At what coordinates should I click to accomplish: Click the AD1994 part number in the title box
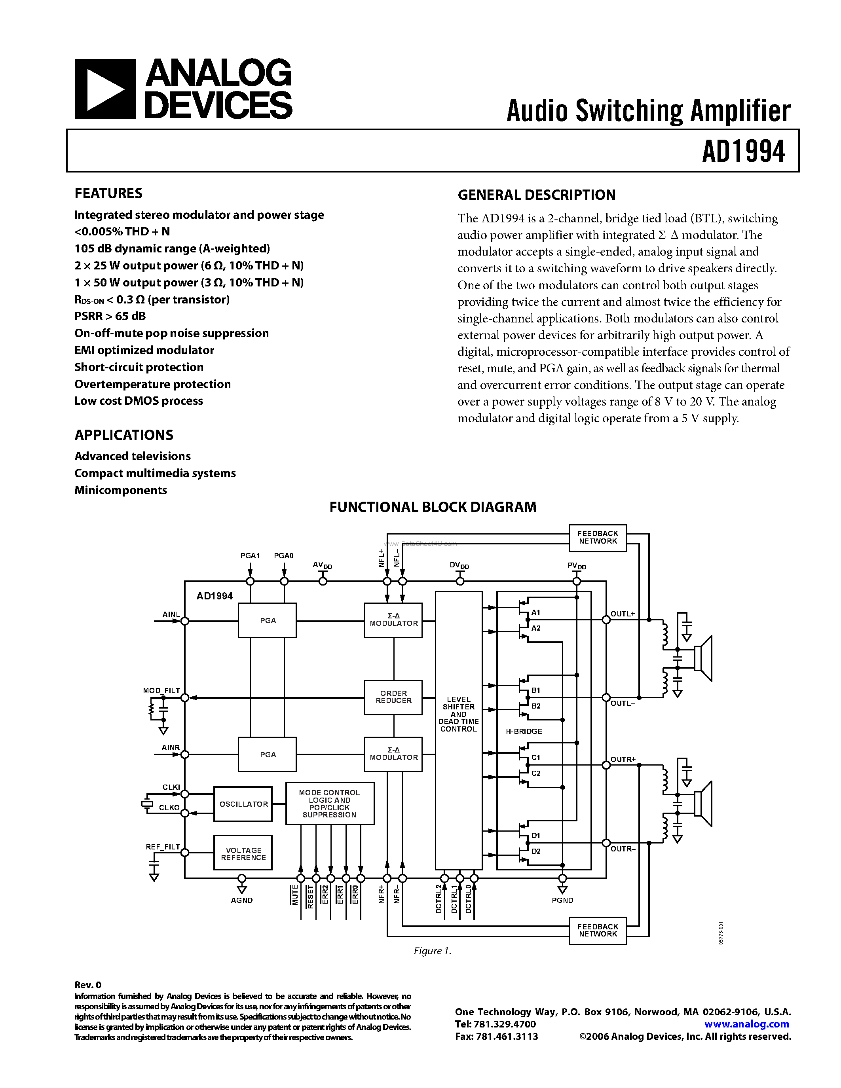[743, 152]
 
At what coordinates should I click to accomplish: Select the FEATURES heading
[108, 193]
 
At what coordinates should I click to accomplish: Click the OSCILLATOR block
[243, 804]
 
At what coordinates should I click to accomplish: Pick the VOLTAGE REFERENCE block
[243, 854]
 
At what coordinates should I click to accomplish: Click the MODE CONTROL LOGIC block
[329, 804]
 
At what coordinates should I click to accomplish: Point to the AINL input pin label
[171, 614]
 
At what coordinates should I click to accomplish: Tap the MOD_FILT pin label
[161, 690]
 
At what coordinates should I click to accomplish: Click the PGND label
[562, 900]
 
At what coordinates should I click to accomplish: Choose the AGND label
[242, 900]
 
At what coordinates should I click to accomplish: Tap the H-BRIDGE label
[524, 731]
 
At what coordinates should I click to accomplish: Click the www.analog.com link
[746, 1024]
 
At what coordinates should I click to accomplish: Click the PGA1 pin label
[250, 555]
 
